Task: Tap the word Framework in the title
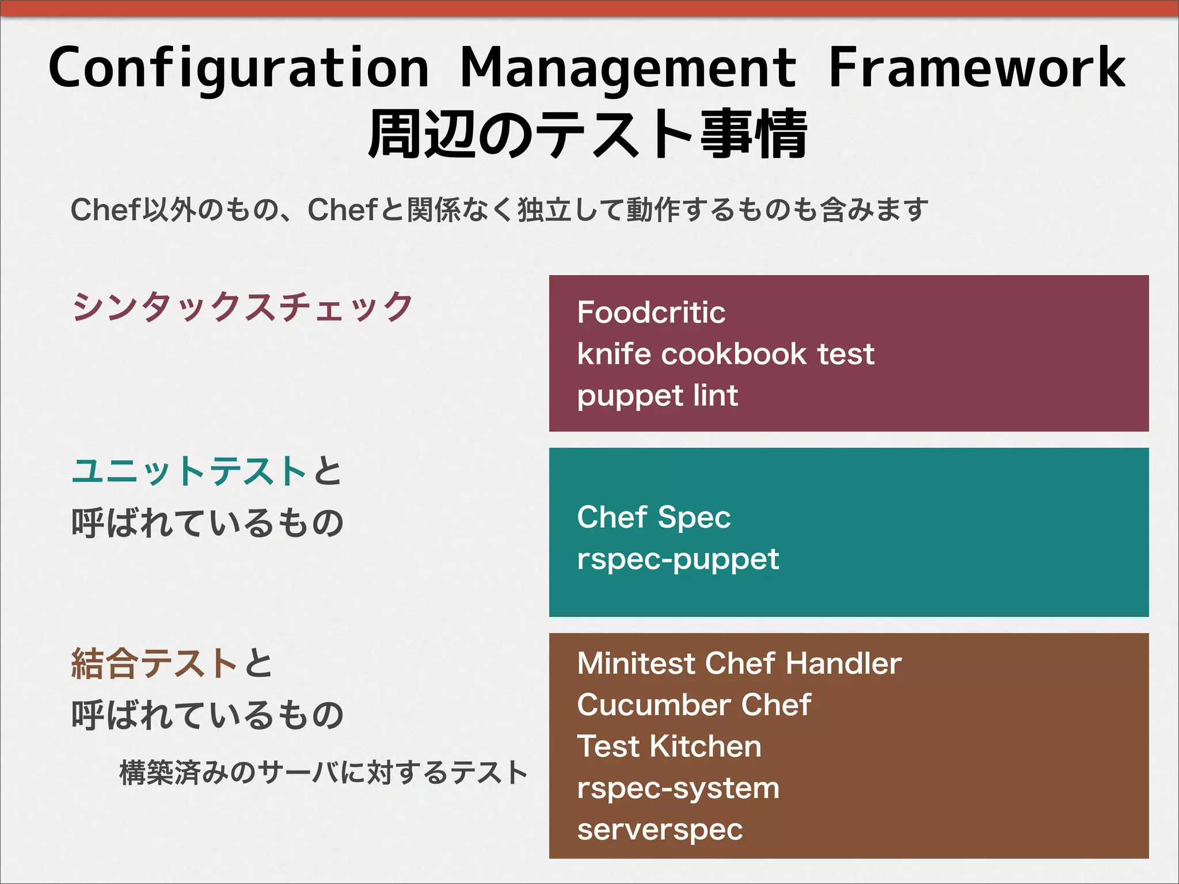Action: (x=976, y=68)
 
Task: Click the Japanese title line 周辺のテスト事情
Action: (x=587, y=135)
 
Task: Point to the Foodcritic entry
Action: (x=651, y=313)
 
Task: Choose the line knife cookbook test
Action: (x=725, y=354)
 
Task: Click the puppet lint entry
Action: (x=657, y=396)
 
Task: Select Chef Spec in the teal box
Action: (x=653, y=517)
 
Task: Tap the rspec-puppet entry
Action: (x=678, y=559)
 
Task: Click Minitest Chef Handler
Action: (x=739, y=663)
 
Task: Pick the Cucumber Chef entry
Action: (x=694, y=704)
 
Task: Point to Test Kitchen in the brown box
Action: (x=669, y=746)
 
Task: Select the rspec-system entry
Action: (x=678, y=788)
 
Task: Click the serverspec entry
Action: (x=660, y=829)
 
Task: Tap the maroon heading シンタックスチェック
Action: (x=242, y=306)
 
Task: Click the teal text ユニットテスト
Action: (x=189, y=471)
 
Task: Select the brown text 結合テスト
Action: (x=154, y=664)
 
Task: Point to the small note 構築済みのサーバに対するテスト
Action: (x=323, y=772)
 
